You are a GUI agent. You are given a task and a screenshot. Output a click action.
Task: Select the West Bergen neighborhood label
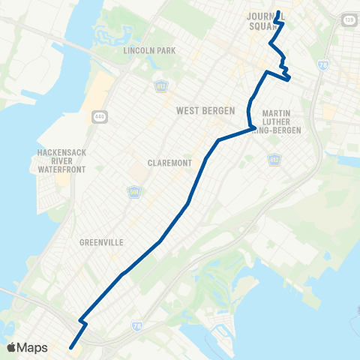click(201, 110)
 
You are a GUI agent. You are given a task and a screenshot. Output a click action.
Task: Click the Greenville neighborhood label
click(100, 242)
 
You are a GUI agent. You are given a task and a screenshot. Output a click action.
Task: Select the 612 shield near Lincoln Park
click(160, 87)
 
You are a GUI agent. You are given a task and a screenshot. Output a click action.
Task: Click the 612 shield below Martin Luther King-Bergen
click(274, 159)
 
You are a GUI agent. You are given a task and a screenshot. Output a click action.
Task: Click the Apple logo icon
click(11, 347)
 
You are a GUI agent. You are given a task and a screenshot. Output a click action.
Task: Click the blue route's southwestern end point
click(71, 346)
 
